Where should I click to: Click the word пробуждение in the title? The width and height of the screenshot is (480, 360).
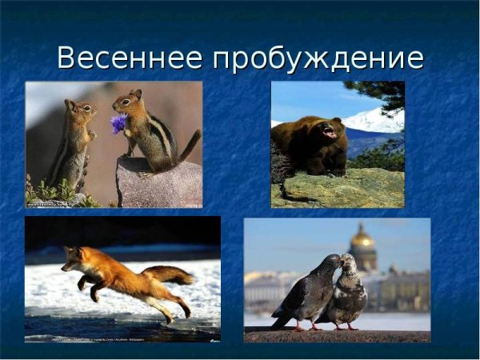pyautogui.click(x=320, y=59)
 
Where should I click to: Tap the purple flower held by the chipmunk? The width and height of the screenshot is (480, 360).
pyautogui.click(x=118, y=123)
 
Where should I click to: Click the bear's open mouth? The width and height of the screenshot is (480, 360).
pyautogui.click(x=329, y=133)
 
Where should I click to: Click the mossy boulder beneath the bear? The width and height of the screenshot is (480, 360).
pyautogui.click(x=336, y=188)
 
